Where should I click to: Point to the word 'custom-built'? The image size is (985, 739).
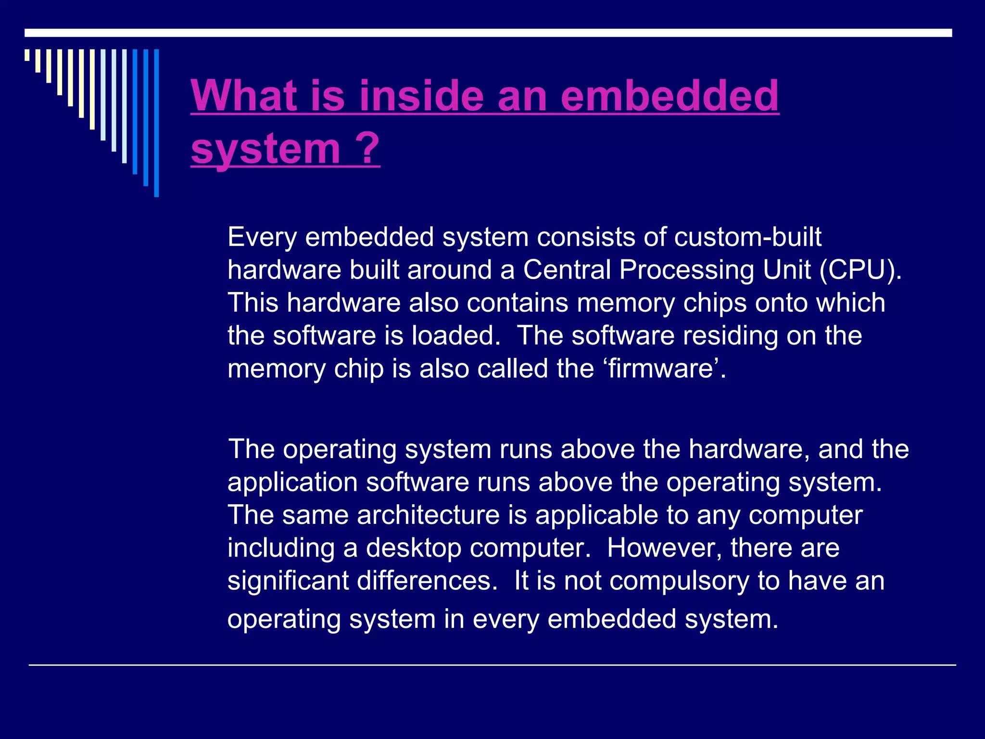(747, 237)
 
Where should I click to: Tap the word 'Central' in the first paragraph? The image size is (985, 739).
(567, 269)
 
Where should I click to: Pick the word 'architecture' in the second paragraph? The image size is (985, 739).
(428, 515)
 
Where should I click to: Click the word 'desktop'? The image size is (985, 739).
(413, 548)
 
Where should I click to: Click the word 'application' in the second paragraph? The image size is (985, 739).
(292, 483)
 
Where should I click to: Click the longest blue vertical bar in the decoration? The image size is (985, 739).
(156, 123)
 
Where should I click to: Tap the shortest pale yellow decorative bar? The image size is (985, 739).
(27, 55)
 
